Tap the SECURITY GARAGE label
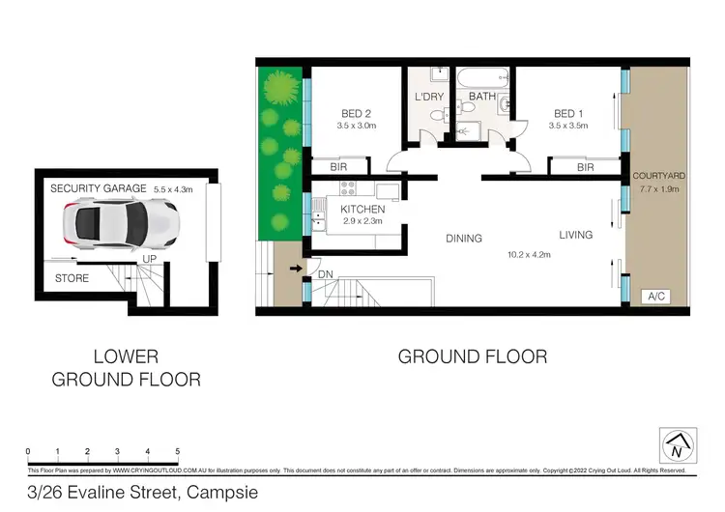(98, 187)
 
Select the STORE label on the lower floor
(71, 278)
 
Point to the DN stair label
(326, 274)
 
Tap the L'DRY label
(428, 98)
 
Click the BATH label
(482, 98)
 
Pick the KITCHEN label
(362, 209)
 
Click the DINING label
(463, 239)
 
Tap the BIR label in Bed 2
(339, 167)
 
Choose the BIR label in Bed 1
(584, 167)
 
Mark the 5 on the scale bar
(178, 451)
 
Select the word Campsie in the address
(228, 491)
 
